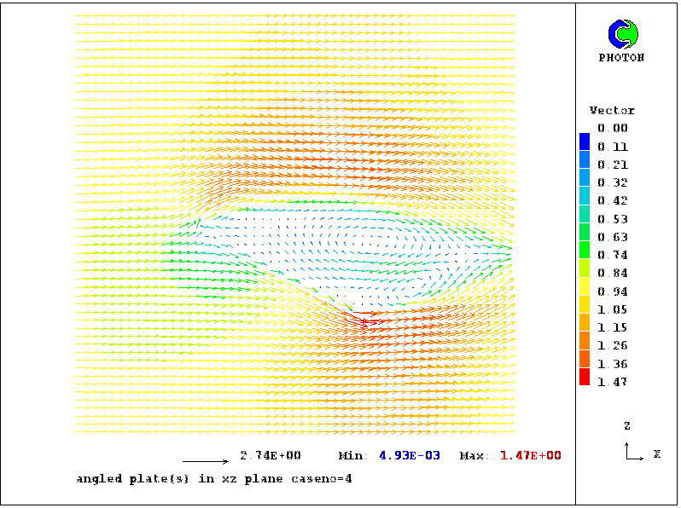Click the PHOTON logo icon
click(621, 34)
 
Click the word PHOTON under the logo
click(621, 58)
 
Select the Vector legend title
click(612, 111)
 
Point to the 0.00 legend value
click(612, 129)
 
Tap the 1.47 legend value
click(612, 382)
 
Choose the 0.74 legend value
click(612, 255)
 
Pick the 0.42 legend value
click(612, 201)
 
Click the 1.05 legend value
click(612, 309)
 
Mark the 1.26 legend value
click(612, 346)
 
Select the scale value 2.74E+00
click(270, 456)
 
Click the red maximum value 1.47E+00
click(530, 456)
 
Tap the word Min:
click(352, 456)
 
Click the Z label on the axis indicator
click(627, 425)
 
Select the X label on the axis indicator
click(657, 454)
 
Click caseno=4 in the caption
click(323, 479)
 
